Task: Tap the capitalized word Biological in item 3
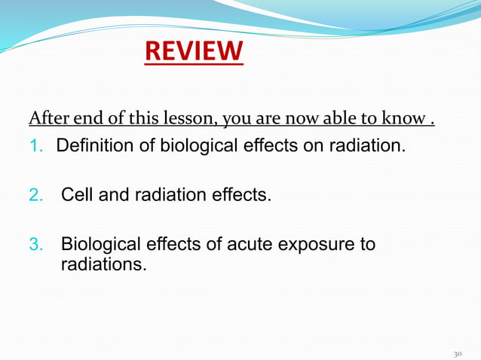(97, 246)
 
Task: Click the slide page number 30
(457, 351)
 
